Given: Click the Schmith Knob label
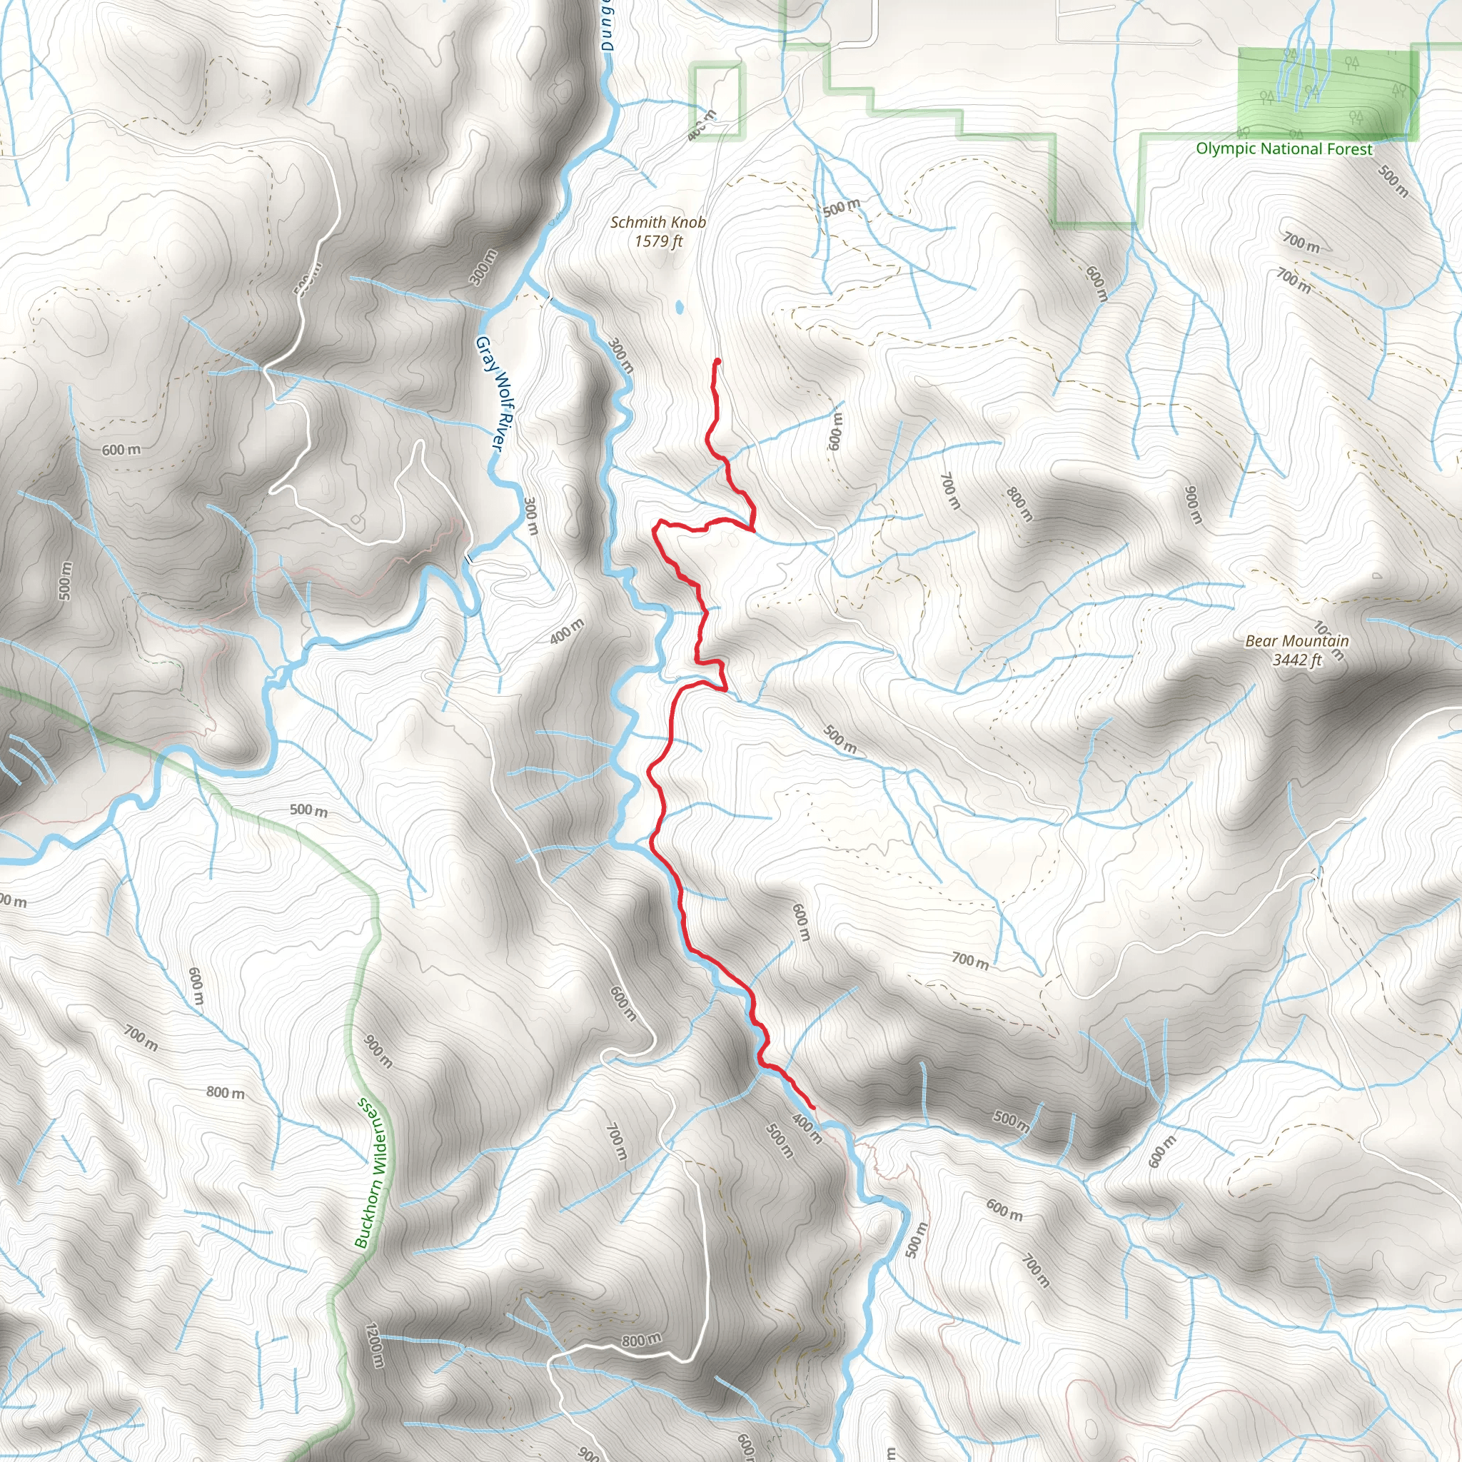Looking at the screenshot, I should pyautogui.click(x=657, y=223).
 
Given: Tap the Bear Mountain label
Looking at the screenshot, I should pyautogui.click(x=1297, y=641).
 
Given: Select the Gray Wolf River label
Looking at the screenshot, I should pyautogui.click(x=489, y=394).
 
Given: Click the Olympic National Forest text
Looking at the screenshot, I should pyautogui.click(x=1284, y=149).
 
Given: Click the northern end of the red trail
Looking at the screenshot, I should pyautogui.click(x=717, y=361).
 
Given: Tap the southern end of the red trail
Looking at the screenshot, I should pyautogui.click(x=814, y=1109).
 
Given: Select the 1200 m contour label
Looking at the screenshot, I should pyautogui.click(x=375, y=1345).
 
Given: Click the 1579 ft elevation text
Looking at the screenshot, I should pyautogui.click(x=657, y=241).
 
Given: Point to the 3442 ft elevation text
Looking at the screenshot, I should pyautogui.click(x=1297, y=660).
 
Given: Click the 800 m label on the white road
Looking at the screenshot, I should pyautogui.click(x=641, y=1341).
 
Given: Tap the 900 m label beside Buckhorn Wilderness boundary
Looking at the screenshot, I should pyautogui.click(x=378, y=1051).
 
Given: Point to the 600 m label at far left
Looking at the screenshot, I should pyautogui.click(x=121, y=450).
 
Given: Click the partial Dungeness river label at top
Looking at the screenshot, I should pyautogui.click(x=608, y=26).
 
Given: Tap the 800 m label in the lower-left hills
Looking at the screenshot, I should pyautogui.click(x=226, y=1093).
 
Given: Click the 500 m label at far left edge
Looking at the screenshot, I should pyautogui.click(x=65, y=581).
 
